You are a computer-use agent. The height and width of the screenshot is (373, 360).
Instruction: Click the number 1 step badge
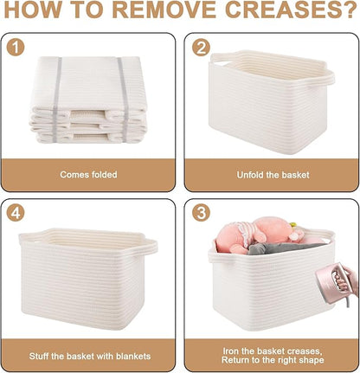tap(16, 48)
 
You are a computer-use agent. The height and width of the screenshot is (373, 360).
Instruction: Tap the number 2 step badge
tap(201, 48)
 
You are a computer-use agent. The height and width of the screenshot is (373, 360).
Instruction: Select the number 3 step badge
tap(201, 213)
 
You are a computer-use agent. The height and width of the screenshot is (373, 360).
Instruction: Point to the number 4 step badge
tap(16, 213)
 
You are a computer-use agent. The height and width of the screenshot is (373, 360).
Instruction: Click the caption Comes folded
tap(88, 175)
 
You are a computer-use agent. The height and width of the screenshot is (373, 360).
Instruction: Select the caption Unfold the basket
tap(273, 175)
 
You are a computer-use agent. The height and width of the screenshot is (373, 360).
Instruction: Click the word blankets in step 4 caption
tap(133, 357)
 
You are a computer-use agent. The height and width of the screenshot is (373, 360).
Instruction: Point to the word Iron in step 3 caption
tap(231, 351)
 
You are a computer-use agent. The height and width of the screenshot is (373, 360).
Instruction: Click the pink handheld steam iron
tap(331, 283)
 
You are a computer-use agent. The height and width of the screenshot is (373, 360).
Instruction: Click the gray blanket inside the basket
tap(284, 248)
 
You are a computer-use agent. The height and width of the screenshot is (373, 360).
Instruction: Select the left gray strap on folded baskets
tap(56, 100)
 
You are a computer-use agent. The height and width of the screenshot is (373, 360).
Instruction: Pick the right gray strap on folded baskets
tap(123, 100)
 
